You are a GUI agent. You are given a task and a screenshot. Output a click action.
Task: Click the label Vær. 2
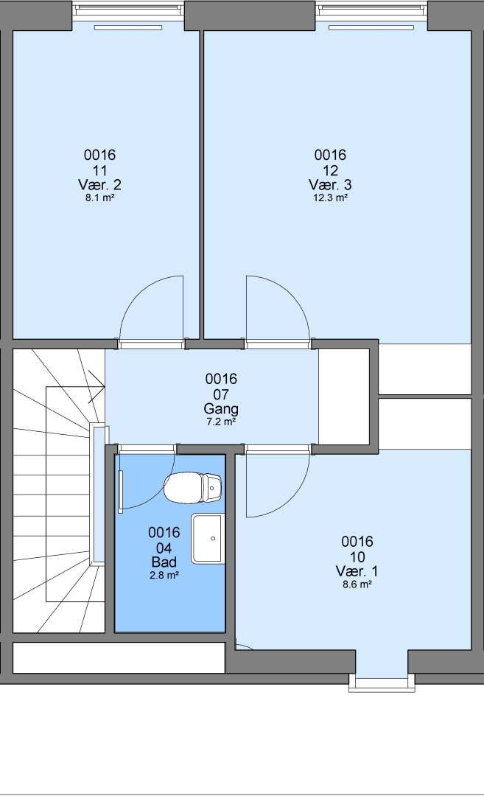[x=99, y=184]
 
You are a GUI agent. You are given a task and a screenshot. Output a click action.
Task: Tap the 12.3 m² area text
[x=330, y=198]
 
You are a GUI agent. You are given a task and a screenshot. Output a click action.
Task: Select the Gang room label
[x=221, y=408]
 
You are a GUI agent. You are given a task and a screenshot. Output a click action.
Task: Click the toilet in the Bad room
[x=193, y=488]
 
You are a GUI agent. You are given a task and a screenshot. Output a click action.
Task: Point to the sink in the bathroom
[x=208, y=538]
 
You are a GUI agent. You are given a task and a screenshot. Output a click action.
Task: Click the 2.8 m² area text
[x=164, y=575]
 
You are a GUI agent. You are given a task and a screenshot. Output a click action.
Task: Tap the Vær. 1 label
[x=357, y=571]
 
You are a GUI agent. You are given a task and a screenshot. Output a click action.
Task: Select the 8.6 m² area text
[x=357, y=584]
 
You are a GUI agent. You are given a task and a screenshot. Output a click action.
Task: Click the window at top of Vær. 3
[x=371, y=10]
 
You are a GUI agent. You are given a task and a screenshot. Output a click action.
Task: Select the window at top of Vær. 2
[x=128, y=10]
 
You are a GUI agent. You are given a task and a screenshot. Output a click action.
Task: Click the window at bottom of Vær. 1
[x=382, y=683]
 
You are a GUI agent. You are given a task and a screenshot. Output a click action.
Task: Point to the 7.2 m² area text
[x=221, y=422]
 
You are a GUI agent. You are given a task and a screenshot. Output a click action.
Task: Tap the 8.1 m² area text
[x=99, y=198]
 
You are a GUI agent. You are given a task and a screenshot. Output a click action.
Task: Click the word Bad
[x=164, y=562]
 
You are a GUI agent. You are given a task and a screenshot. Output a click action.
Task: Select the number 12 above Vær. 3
[x=330, y=170]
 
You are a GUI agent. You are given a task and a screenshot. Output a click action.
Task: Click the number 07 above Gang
[x=221, y=394]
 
